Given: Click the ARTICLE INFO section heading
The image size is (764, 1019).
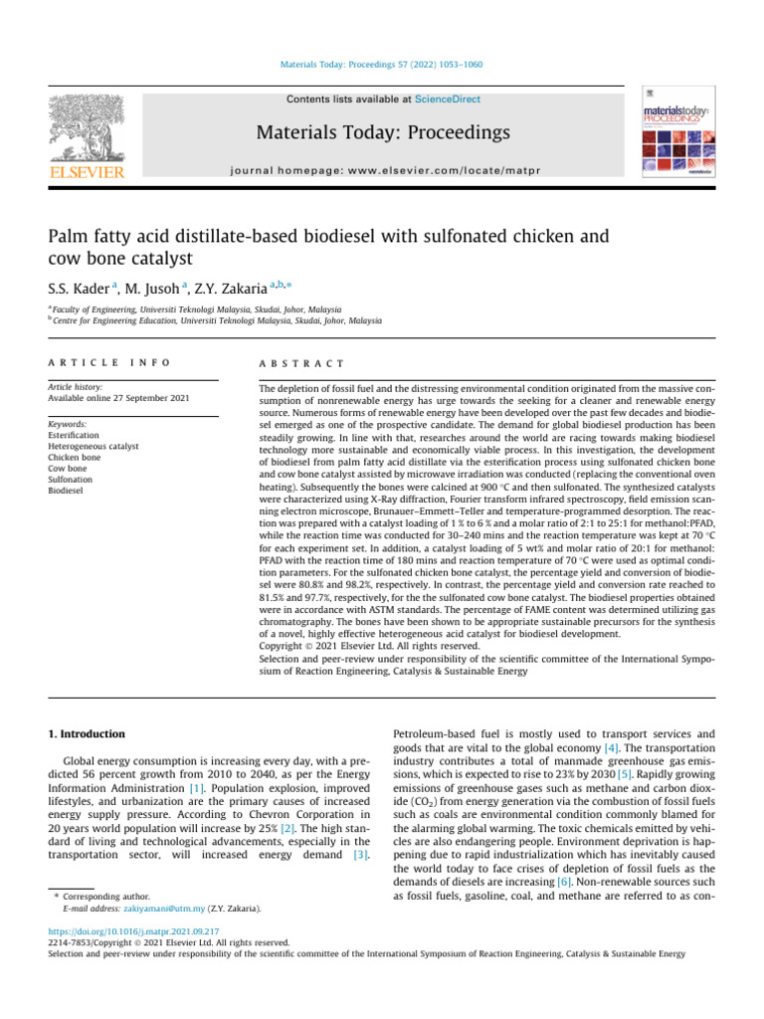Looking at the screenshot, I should (108, 364).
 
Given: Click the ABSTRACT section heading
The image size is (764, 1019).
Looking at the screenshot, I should (301, 364).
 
